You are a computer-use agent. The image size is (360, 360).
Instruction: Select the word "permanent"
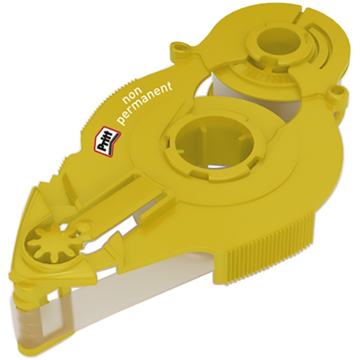(x=145, y=103)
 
